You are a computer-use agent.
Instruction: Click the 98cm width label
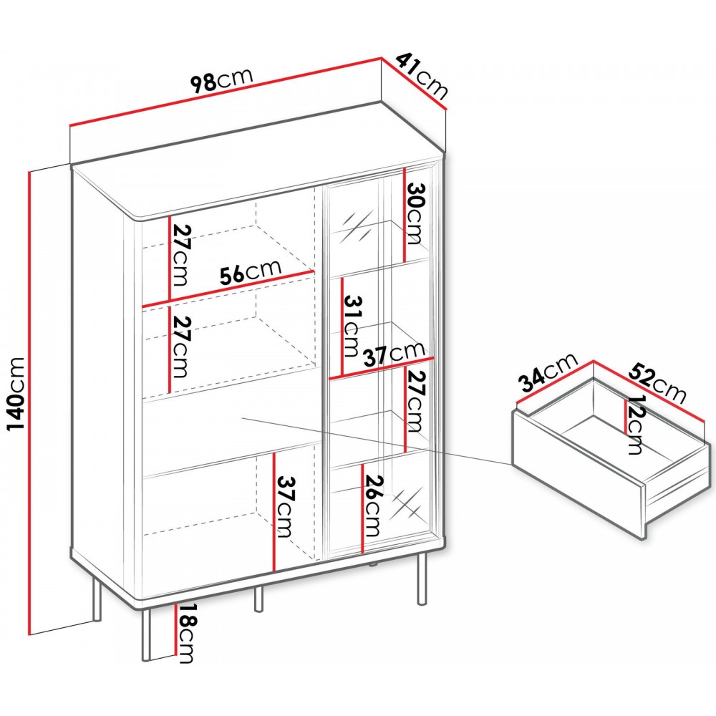tap(221, 81)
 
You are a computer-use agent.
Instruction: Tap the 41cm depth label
tap(422, 76)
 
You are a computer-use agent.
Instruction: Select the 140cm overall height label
tap(15, 395)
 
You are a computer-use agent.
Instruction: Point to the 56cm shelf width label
tap(250, 273)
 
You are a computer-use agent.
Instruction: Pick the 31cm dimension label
tap(352, 326)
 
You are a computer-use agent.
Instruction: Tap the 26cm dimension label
tap(372, 506)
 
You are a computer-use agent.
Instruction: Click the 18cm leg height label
tap(187, 633)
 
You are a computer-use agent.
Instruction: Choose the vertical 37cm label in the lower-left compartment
tap(284, 507)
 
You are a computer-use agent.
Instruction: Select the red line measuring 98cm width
tap(225, 92)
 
